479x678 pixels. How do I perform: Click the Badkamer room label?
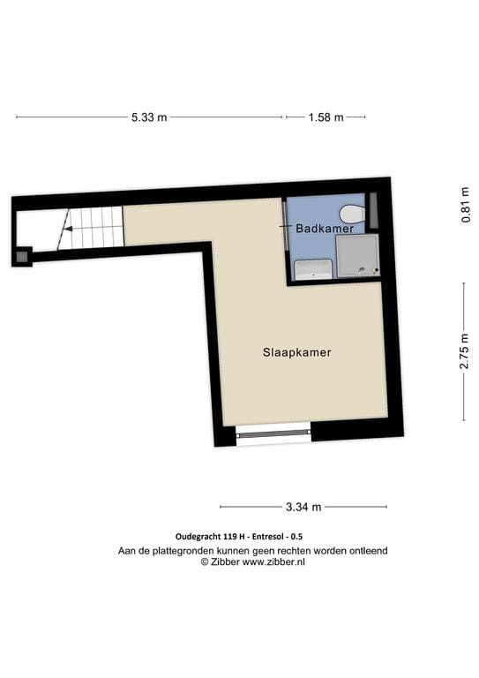pos(325,228)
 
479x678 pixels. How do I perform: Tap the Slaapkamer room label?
pos(296,351)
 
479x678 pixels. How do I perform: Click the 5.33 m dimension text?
pos(149,117)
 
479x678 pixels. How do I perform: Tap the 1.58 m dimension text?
pos(326,117)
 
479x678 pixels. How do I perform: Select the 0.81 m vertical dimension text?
pos(464,204)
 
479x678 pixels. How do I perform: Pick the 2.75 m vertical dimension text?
pos(464,352)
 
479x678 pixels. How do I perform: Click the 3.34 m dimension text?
pos(303,507)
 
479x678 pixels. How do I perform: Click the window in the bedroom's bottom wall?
pos(274,433)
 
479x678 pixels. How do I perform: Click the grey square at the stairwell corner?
pos(21,257)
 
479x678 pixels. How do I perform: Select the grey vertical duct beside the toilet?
pos(372,208)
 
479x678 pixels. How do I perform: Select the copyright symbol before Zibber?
pos(204,561)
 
